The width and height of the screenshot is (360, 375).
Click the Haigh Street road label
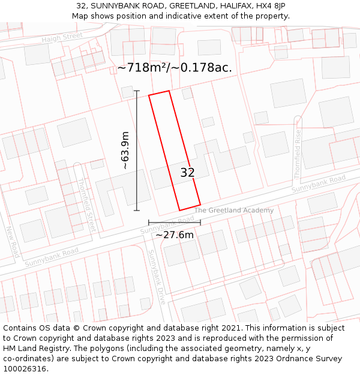(62, 37)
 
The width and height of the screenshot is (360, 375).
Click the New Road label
(13, 242)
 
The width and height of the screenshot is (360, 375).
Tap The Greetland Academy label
(234, 210)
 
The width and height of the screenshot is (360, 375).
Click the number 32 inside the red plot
(187, 173)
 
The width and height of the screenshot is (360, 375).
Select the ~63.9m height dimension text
(125, 150)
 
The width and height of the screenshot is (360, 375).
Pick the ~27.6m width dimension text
(175, 235)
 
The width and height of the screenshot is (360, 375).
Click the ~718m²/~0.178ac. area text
(175, 68)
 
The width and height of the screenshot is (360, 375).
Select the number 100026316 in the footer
(25, 369)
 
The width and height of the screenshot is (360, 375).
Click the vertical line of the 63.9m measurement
(137, 150)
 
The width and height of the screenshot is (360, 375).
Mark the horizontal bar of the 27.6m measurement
(175, 223)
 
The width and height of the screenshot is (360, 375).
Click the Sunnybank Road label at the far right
(319, 184)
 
